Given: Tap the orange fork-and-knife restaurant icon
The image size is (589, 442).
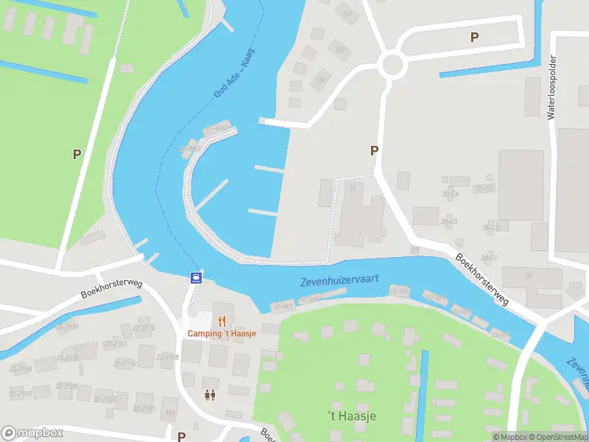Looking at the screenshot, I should (221, 320).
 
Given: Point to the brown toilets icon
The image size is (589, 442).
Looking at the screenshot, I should (210, 396).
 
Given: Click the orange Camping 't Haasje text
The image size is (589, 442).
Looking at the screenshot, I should (221, 334).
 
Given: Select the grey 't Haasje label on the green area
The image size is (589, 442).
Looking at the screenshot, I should (351, 416).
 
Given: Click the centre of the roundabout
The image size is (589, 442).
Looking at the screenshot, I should (392, 65).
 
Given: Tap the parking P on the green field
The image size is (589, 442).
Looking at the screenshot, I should (76, 154).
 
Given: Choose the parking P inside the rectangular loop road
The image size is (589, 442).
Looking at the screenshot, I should (474, 37).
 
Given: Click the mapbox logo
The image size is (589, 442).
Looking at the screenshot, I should (32, 432).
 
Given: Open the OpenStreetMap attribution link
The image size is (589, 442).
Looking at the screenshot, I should (557, 437).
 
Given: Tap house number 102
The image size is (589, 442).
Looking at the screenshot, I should (339, 50).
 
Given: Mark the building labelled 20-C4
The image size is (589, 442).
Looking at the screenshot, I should (450, 194).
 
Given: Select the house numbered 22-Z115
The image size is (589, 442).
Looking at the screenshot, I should (147, 329).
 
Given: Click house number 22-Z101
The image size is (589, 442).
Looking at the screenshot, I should (144, 407).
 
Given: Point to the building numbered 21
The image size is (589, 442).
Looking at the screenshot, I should (353, 189).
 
